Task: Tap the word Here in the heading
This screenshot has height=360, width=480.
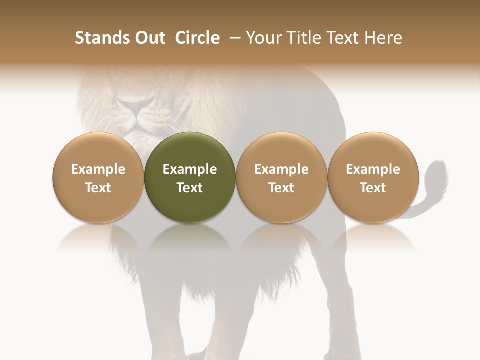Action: coord(383,38)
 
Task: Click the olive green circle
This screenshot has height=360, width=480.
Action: coord(190,177)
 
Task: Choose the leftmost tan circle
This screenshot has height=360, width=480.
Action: coord(98,177)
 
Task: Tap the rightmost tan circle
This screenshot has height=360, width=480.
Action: coord(373,177)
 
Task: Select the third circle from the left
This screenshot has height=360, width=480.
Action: coord(281,177)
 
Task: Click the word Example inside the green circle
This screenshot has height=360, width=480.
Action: coord(190,169)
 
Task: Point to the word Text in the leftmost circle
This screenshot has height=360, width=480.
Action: coord(98,188)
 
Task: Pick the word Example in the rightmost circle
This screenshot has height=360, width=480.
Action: coord(373,169)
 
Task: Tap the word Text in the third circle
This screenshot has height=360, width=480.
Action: coord(281,188)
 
